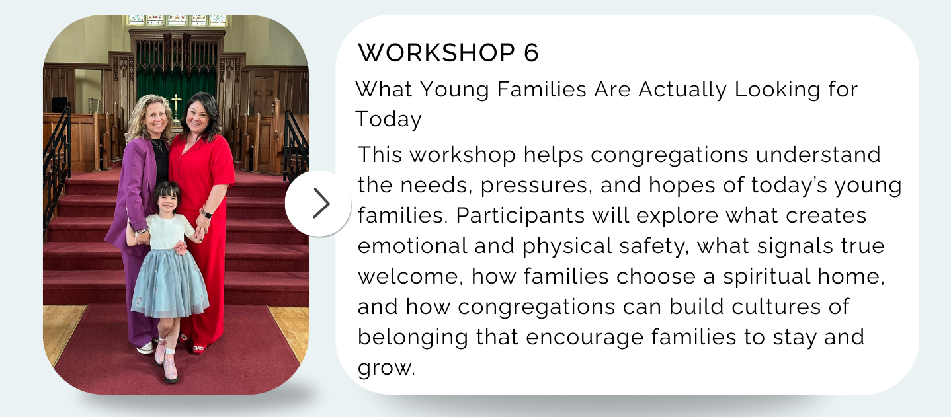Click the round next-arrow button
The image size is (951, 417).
318,203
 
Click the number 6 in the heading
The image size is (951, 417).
531,53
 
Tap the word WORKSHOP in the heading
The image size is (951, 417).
436,53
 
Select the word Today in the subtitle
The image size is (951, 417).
388,119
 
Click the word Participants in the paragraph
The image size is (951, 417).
520,215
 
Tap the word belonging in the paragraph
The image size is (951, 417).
413,338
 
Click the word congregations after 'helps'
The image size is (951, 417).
669,155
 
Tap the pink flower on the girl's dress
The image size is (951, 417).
181,247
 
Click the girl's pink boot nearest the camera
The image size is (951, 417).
170,368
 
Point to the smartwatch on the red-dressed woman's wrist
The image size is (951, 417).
207,214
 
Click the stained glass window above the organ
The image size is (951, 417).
177,20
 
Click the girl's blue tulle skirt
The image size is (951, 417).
169,283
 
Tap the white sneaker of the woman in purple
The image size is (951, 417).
145,348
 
